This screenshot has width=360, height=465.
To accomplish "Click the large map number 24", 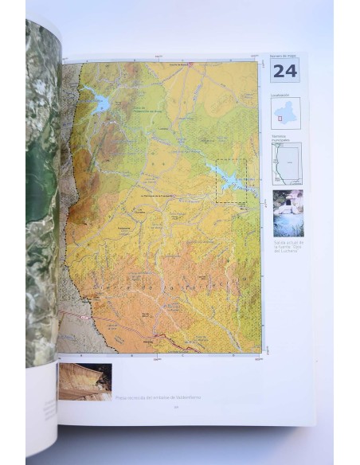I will [x=286, y=70].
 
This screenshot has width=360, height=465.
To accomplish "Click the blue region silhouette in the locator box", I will [x=286, y=111].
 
